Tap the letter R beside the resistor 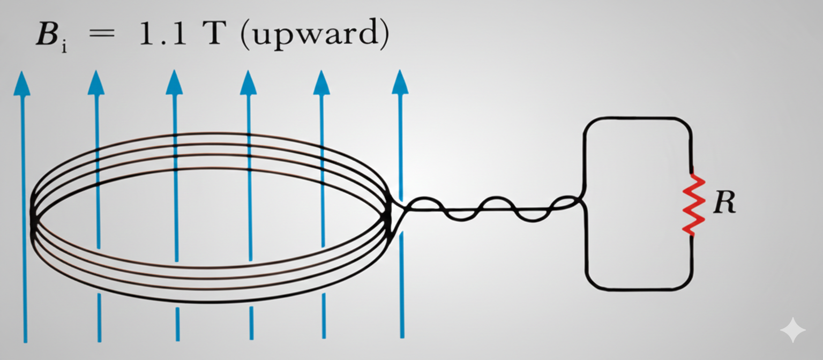tap(724, 204)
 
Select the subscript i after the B tap(64, 48)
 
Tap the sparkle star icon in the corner tap(792, 330)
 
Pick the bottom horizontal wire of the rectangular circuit tap(638, 290)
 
